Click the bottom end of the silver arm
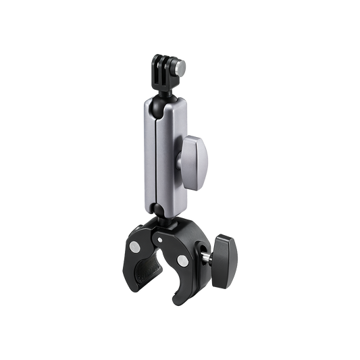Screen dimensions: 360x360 [x=161, y=206]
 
